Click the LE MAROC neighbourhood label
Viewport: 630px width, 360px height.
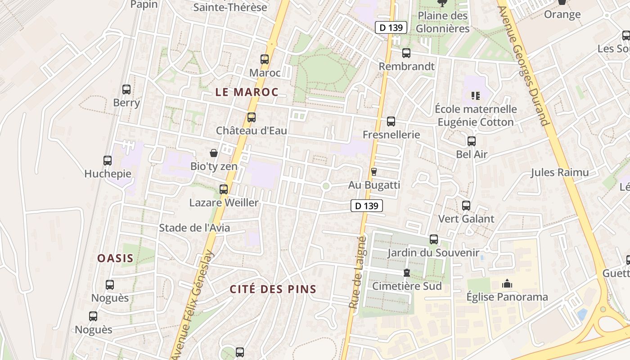click(247, 92)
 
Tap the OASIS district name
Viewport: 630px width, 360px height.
click(116, 258)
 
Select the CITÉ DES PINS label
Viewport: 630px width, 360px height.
click(273, 289)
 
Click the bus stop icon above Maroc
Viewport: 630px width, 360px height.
click(265, 59)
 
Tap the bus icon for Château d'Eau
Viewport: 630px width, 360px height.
click(252, 117)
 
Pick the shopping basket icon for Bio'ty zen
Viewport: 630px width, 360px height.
click(214, 153)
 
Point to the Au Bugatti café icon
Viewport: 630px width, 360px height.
click(373, 171)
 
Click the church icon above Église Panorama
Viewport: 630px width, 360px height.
click(507, 283)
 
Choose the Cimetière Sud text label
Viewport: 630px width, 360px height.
click(407, 286)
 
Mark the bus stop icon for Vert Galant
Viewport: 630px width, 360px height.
click(466, 206)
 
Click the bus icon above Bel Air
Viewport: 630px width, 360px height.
click(472, 141)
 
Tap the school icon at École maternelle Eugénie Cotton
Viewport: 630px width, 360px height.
click(476, 95)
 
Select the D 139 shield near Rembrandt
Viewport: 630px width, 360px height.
click(391, 27)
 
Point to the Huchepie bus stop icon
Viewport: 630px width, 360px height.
click(108, 161)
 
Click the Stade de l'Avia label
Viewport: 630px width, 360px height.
click(194, 228)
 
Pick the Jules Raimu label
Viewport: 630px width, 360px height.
click(559, 172)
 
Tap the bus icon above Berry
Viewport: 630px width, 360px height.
click(126, 90)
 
